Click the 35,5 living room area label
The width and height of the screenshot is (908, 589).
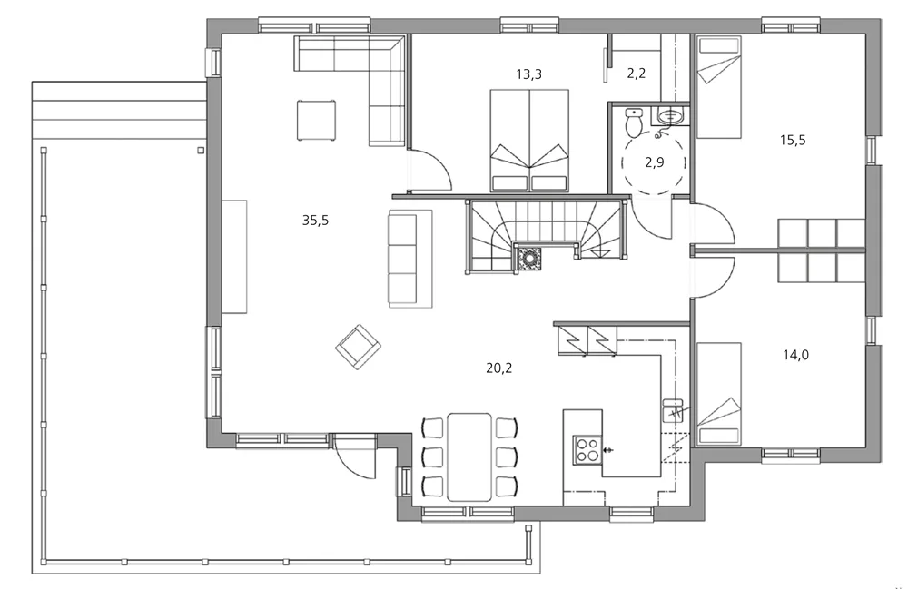tap(315, 220)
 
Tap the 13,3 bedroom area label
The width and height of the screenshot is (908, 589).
tap(528, 74)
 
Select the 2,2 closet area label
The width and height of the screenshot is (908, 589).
tap(636, 74)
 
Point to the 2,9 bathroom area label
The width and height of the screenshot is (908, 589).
tap(655, 162)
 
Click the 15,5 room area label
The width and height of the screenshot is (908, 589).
tap(793, 140)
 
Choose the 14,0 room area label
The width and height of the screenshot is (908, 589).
tap(795, 355)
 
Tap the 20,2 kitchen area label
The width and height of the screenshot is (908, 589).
tap(499, 368)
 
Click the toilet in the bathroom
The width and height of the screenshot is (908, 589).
tap(634, 123)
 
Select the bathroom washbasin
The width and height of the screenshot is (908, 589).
tap(671, 116)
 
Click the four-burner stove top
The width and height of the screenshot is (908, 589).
tap(587, 449)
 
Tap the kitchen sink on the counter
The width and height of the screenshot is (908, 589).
tap(672, 410)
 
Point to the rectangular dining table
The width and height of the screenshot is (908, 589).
tap(469, 456)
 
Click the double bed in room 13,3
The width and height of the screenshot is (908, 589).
tap(528, 140)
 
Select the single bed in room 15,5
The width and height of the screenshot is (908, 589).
tap(718, 87)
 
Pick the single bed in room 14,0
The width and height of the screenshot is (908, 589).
tap(718, 394)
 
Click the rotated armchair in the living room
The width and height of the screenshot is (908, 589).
tap(358, 347)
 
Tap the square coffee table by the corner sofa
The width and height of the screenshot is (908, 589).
tap(316, 121)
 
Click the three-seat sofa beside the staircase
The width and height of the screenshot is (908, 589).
tap(410, 259)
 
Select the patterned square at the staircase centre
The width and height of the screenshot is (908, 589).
tap(529, 259)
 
